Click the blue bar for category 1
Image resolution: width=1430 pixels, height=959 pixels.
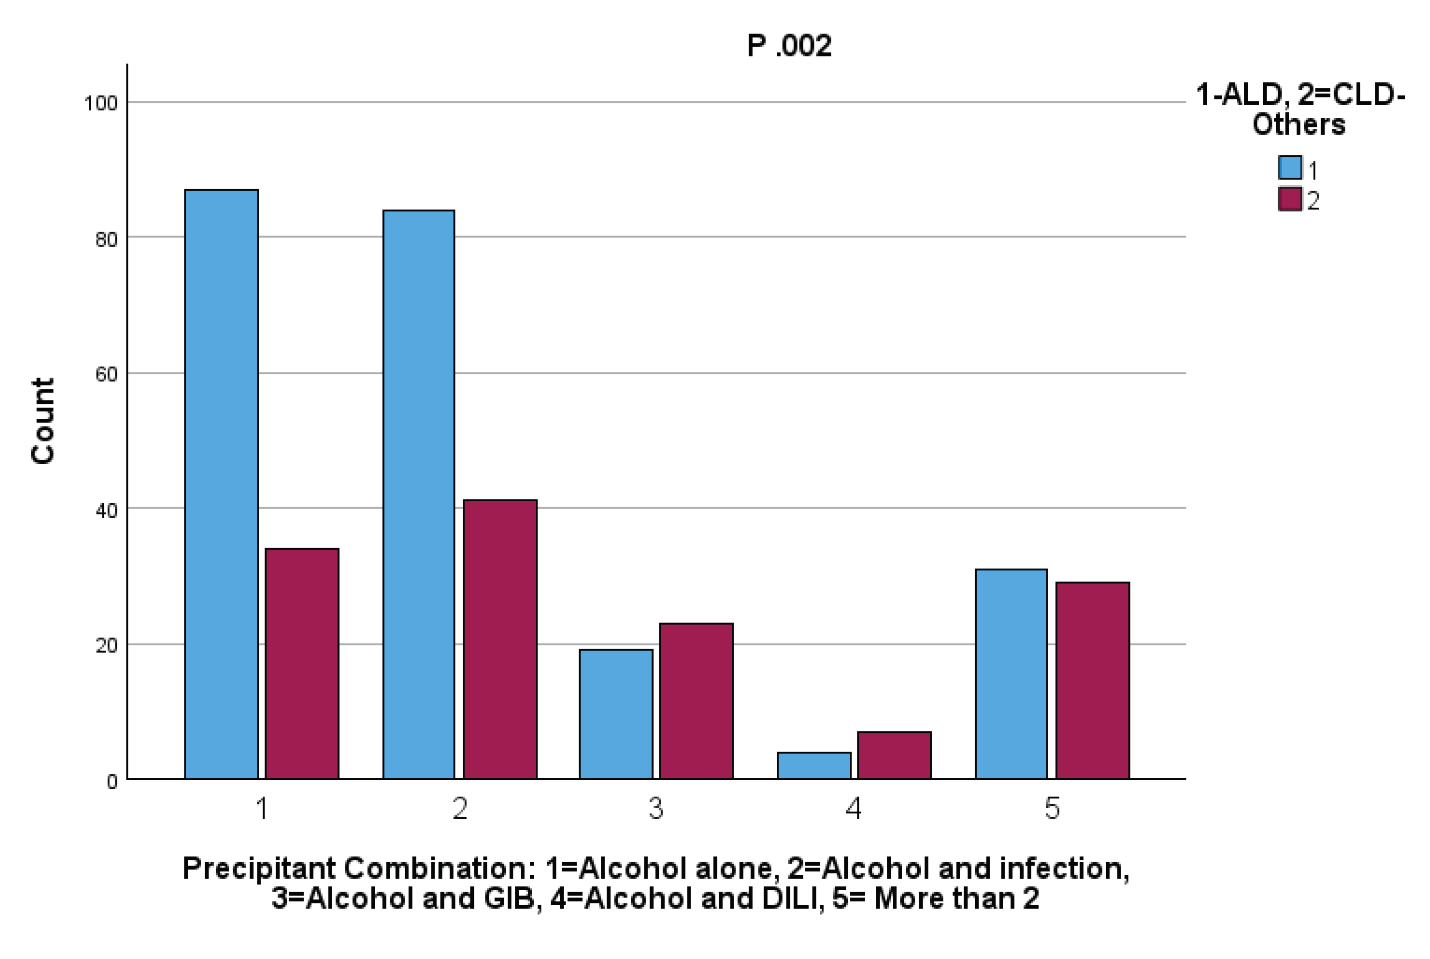click(x=221, y=484)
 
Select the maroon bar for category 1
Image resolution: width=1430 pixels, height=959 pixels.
click(x=302, y=663)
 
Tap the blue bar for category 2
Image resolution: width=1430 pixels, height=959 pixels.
click(x=418, y=494)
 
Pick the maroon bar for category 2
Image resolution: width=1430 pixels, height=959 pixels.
click(x=500, y=639)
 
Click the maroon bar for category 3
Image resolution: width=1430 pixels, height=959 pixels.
click(x=696, y=701)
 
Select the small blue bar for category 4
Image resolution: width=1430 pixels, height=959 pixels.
click(x=813, y=765)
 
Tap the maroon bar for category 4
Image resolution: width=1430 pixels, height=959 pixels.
click(x=894, y=755)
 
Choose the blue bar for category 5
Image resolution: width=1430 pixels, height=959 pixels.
click(x=1011, y=673)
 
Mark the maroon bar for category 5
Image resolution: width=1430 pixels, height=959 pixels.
click(x=1092, y=680)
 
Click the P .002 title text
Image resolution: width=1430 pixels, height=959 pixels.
click(x=789, y=46)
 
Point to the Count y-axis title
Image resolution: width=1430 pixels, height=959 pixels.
click(x=43, y=421)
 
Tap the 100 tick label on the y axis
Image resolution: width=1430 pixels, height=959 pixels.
click(x=100, y=103)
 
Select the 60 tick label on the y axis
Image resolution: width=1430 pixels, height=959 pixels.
click(x=106, y=374)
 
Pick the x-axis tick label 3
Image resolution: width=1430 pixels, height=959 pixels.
click(x=656, y=809)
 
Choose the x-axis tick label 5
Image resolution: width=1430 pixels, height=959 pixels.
click(x=1052, y=809)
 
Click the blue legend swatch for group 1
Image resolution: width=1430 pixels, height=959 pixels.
click(x=1290, y=168)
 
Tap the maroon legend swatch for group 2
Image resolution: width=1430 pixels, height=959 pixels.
click(x=1290, y=199)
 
